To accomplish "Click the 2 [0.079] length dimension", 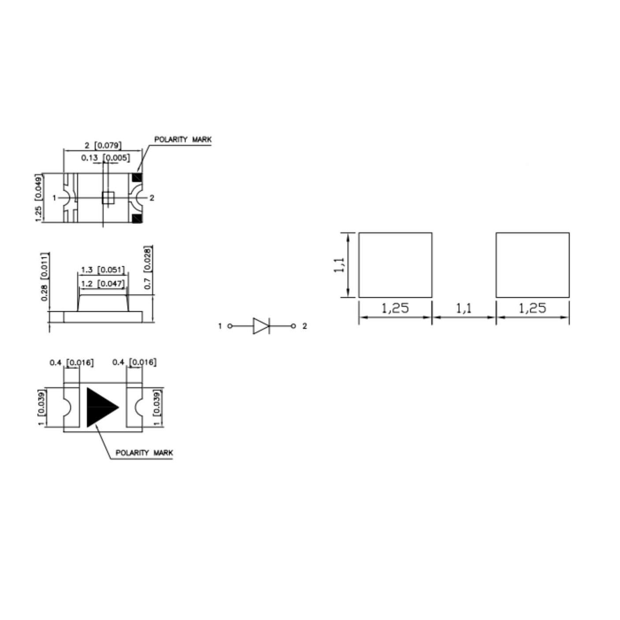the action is click(x=103, y=146).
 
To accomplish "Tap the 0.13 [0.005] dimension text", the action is click(x=105, y=158).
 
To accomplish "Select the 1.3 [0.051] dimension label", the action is click(x=102, y=269).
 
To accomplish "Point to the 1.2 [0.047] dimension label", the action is click(x=102, y=284).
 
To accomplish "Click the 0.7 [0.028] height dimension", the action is click(x=148, y=268).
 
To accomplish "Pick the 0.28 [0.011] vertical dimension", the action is click(x=45, y=277).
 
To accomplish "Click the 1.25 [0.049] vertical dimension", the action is click(x=39, y=198).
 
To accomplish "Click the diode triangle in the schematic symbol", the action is click(x=261, y=326).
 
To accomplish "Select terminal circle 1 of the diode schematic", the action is click(x=230, y=326).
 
